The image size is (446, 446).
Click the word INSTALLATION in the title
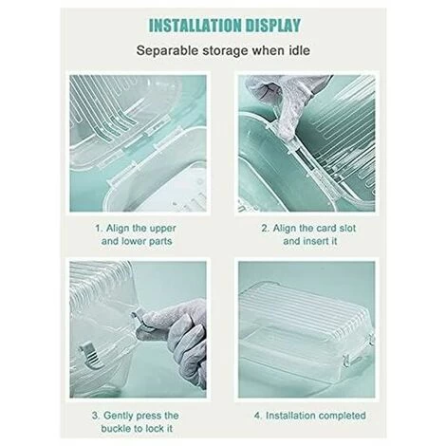(x=195, y=26)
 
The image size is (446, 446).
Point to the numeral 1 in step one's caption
(x=99, y=228)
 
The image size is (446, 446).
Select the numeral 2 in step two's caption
(x=265, y=228)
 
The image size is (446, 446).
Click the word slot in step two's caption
(x=345, y=228)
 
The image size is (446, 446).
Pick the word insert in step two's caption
(x=316, y=241)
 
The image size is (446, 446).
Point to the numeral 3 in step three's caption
(x=96, y=416)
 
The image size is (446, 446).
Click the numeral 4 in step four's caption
(x=258, y=416)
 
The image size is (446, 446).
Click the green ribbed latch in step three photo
(x=91, y=357)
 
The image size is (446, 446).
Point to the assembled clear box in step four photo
(x=307, y=325)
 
